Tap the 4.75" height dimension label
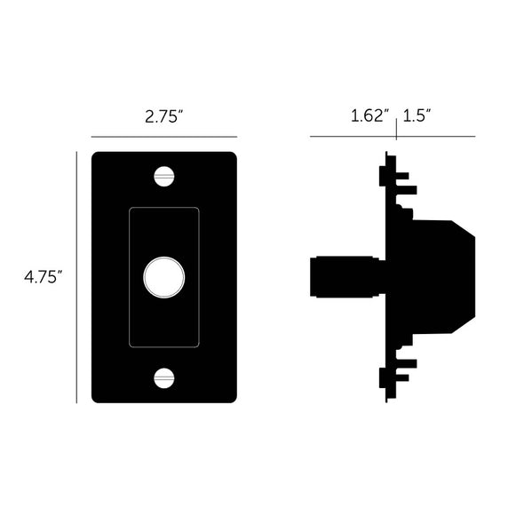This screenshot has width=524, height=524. (x=42, y=276)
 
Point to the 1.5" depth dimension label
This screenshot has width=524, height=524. (x=417, y=115)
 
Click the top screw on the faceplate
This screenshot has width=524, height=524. (x=163, y=176)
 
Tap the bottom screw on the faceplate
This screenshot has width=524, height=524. (x=163, y=377)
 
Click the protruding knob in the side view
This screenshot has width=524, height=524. (x=346, y=276)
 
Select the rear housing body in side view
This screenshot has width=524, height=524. (x=431, y=276)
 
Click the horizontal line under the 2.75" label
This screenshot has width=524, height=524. (x=163, y=137)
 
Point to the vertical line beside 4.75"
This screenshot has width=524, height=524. (x=77, y=276)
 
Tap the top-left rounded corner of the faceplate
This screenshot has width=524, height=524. (x=96, y=156)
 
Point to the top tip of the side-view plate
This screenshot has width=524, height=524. (x=387, y=155)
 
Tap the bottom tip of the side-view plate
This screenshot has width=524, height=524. (x=387, y=400)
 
